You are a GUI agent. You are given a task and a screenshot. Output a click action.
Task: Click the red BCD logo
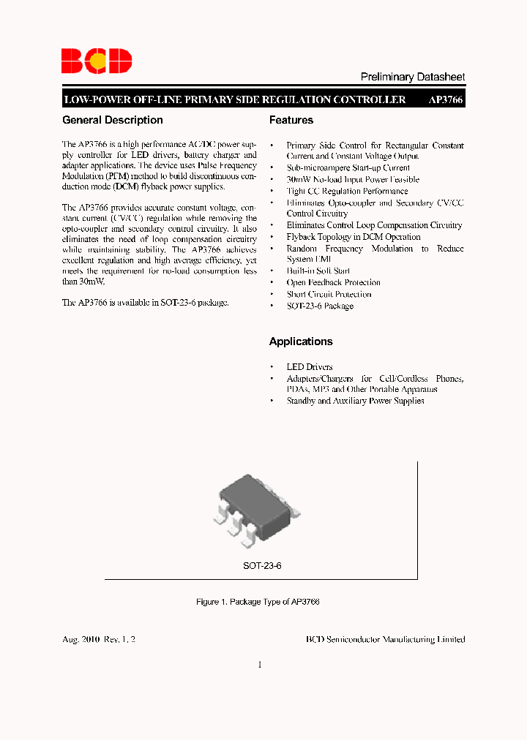click(97, 60)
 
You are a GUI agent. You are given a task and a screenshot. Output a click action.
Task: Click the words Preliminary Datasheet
click(413, 77)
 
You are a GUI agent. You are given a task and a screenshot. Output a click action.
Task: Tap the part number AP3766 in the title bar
click(446, 100)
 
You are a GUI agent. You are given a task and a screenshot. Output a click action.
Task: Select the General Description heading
click(113, 120)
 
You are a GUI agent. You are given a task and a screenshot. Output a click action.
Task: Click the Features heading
click(291, 120)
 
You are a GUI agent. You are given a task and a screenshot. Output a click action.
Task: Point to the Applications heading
click(301, 341)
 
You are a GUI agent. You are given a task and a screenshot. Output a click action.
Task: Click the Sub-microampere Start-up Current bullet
click(348, 167)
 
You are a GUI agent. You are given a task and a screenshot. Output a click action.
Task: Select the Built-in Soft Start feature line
click(318, 271)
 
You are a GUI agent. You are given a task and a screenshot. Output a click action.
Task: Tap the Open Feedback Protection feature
click(334, 282)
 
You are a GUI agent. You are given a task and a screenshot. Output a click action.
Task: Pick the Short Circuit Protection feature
click(329, 294)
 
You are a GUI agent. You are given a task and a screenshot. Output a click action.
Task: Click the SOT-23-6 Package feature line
click(320, 306)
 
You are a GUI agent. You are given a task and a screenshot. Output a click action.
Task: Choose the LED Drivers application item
click(310, 366)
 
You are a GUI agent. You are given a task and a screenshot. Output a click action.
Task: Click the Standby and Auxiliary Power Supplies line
click(355, 401)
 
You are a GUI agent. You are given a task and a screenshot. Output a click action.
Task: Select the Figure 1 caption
click(258, 602)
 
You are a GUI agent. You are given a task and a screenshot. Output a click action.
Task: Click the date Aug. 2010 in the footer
click(81, 639)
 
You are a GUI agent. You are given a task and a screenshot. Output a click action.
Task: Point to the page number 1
click(260, 665)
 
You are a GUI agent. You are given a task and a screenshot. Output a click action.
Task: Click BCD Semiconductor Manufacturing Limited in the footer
click(385, 639)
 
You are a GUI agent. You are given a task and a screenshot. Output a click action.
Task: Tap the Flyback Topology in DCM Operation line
click(354, 237)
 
